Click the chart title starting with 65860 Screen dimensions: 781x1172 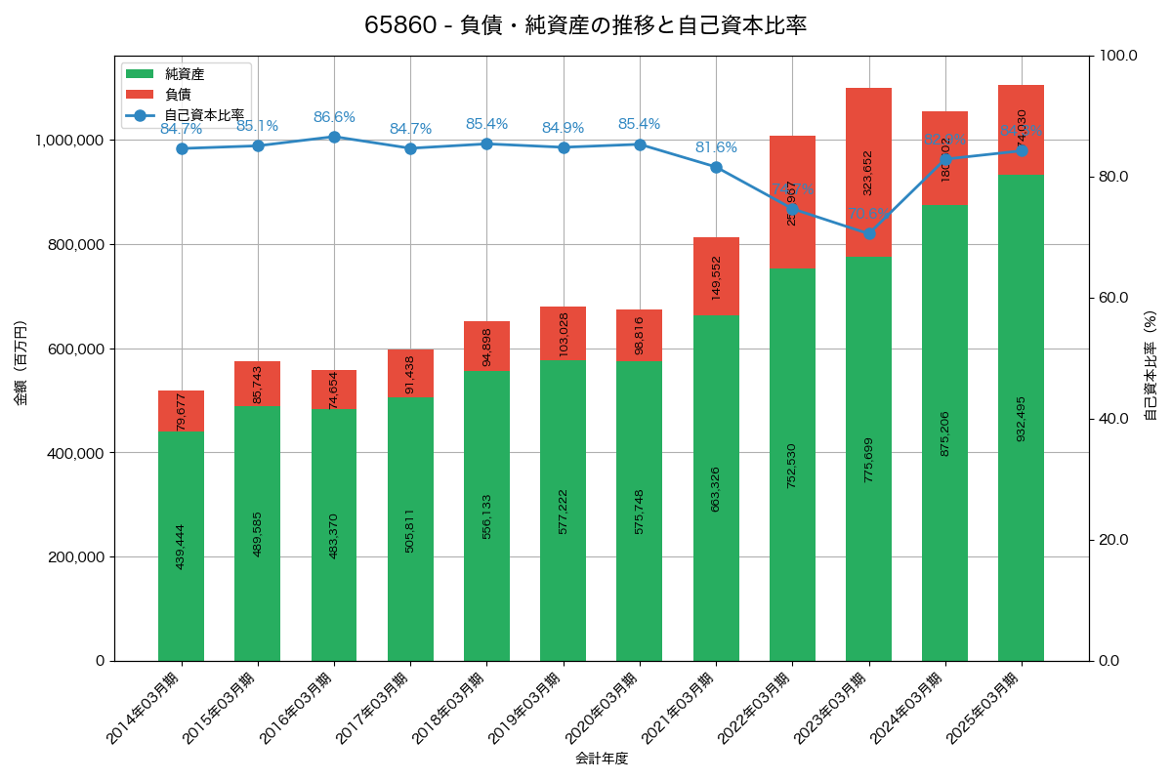pyautogui.click(x=585, y=25)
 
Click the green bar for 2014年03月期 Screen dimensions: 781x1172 pyautogui.click(x=181, y=546)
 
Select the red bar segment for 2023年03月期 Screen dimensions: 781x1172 pyautogui.click(x=868, y=172)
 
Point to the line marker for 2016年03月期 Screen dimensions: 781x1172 pyautogui.click(x=334, y=137)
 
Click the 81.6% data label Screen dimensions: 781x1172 pyautogui.click(x=716, y=147)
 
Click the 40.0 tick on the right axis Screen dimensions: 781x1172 pyautogui.click(x=1112, y=419)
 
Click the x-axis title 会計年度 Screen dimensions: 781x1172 pyautogui.click(x=602, y=758)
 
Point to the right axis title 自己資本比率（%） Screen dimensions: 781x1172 pyautogui.click(x=1151, y=363)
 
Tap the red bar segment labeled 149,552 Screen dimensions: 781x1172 pyautogui.click(x=716, y=276)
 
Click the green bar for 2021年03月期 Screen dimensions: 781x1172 pyautogui.click(x=716, y=488)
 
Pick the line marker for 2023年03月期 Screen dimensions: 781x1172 pyautogui.click(x=868, y=233)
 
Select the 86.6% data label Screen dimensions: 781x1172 pyautogui.click(x=334, y=117)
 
